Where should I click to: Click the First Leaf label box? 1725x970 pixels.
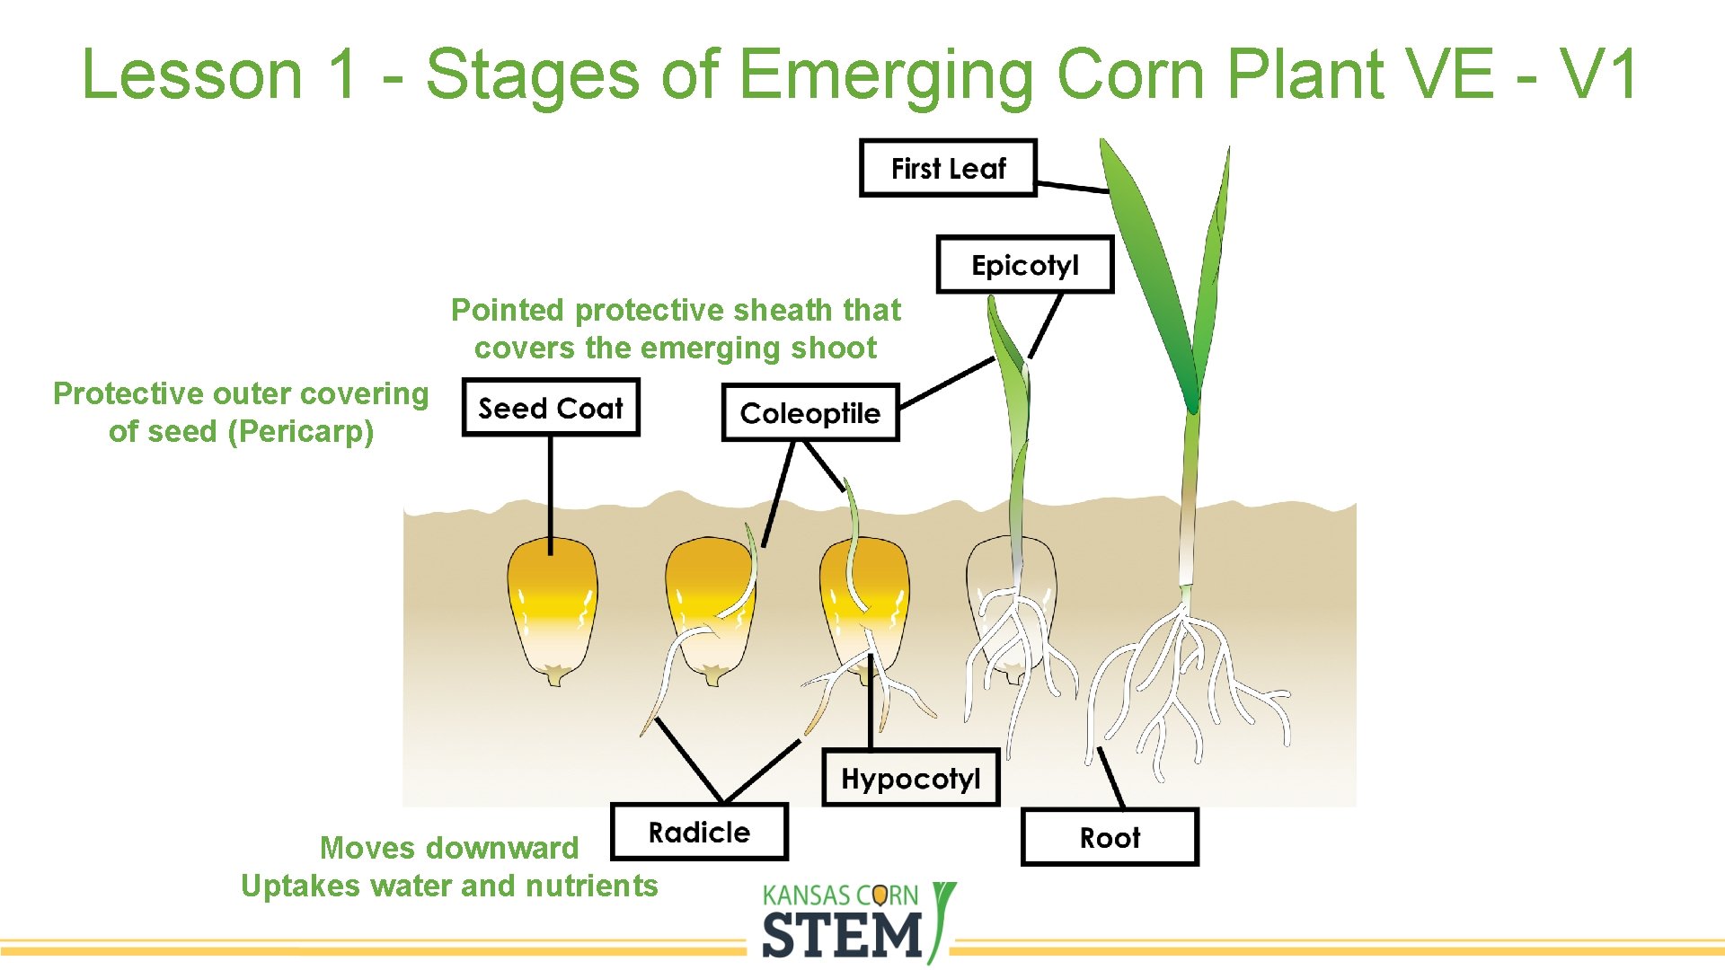click(948, 168)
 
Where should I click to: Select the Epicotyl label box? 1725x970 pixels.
click(1024, 265)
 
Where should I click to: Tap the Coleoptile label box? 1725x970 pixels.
click(809, 413)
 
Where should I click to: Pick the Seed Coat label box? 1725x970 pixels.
click(550, 409)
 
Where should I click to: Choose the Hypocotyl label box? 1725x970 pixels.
click(910, 778)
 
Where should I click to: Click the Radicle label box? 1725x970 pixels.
click(699, 833)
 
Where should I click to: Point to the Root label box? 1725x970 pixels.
click(1110, 838)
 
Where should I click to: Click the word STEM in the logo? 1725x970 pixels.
click(842, 935)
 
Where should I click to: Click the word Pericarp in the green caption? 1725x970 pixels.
click(300, 432)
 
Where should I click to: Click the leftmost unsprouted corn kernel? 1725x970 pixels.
click(552, 611)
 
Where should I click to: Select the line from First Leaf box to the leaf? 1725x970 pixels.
click(1073, 187)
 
